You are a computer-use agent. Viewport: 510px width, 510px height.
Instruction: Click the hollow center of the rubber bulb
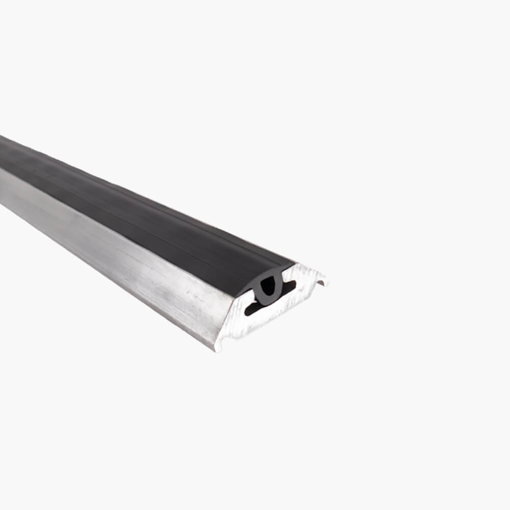click(x=268, y=287)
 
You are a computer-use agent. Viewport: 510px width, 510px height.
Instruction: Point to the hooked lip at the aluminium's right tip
click(x=322, y=280)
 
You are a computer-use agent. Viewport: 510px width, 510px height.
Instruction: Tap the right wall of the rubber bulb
click(x=277, y=286)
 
